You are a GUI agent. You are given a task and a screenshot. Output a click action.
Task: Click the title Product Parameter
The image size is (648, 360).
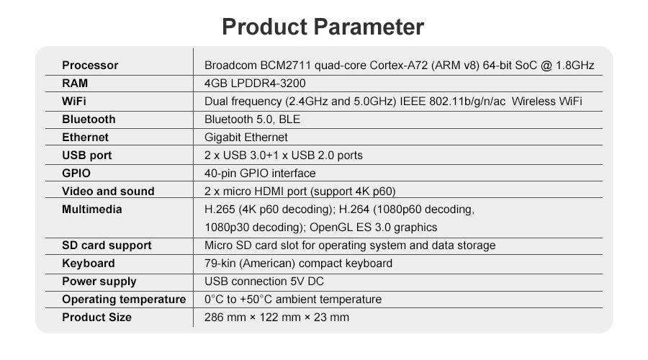pos(323,27)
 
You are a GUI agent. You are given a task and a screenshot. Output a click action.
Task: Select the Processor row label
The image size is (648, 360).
pos(90,66)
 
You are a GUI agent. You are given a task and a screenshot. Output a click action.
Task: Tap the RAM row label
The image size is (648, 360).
pos(75,83)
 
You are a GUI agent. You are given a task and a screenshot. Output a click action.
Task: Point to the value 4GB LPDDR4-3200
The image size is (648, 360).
pos(255,83)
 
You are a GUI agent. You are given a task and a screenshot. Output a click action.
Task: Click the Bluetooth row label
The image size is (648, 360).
pos(89,119)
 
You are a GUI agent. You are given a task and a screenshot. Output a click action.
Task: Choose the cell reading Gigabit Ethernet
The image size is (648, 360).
pos(246,138)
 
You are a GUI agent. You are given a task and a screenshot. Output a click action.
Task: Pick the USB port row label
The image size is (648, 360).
pos(87,156)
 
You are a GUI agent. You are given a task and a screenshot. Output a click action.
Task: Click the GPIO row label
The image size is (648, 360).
pos(76,174)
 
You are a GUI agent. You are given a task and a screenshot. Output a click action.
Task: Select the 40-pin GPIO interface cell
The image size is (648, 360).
pos(260,174)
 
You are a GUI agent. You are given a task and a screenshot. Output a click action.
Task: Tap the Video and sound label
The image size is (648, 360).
pos(108,191)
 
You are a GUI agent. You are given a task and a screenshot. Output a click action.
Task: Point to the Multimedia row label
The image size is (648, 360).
pos(91,209)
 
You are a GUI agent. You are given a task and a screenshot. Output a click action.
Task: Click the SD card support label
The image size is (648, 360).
pos(107,246)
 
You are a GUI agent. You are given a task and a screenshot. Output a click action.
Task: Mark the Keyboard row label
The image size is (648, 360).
pos(89,264)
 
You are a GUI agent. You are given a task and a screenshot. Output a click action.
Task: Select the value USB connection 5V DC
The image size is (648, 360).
pos(264,281)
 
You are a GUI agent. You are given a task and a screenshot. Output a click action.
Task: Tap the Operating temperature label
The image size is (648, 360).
pos(124,300)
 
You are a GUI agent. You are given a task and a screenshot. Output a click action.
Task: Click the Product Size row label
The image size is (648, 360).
pos(96,317)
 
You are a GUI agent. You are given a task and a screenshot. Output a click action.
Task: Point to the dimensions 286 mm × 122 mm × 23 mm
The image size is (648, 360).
pos(277,317)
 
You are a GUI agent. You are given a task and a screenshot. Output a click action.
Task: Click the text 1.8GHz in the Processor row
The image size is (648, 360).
pos(575,66)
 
